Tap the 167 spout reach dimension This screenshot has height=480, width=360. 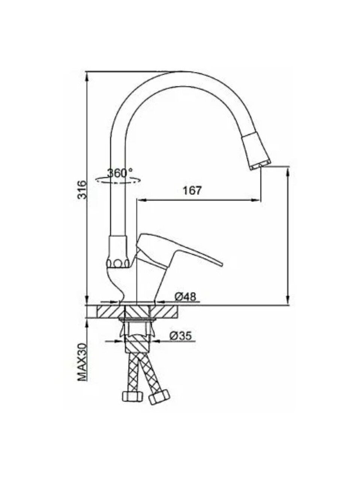pyautogui.click(x=192, y=190)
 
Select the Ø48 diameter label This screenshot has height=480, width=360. pyautogui.click(x=185, y=297)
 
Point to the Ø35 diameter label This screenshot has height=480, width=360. pyautogui.click(x=180, y=342)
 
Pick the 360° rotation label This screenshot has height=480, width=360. pyautogui.click(x=120, y=173)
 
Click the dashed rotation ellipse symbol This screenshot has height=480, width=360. pyautogui.click(x=118, y=180)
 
